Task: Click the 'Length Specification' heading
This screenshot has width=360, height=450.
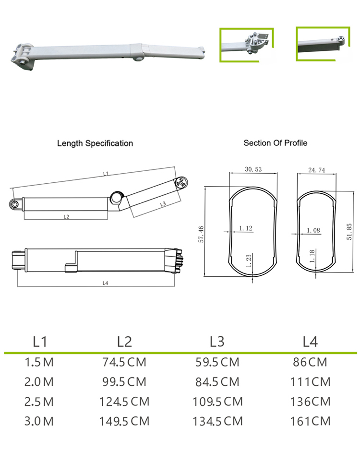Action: click(x=95, y=143)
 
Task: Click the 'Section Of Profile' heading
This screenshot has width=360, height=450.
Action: click(x=275, y=142)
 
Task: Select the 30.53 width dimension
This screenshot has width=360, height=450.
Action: click(x=253, y=169)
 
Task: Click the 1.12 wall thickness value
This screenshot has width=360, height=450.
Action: click(x=245, y=228)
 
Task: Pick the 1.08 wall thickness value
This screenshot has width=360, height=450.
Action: click(x=313, y=230)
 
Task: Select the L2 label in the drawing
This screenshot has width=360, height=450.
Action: click(x=66, y=216)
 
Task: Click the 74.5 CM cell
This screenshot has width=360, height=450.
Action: click(x=124, y=362)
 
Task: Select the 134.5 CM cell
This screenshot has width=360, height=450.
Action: click(x=217, y=421)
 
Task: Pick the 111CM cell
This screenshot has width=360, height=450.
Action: click(x=310, y=382)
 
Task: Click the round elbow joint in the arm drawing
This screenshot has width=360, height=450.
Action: click(x=117, y=197)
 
